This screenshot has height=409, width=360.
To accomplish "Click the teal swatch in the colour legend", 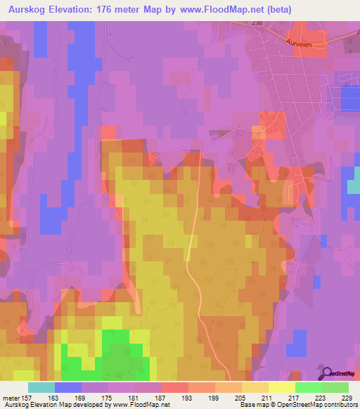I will [41, 387].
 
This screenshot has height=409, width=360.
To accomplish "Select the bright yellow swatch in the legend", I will [281, 387].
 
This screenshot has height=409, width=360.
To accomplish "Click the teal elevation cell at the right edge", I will [353, 185].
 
